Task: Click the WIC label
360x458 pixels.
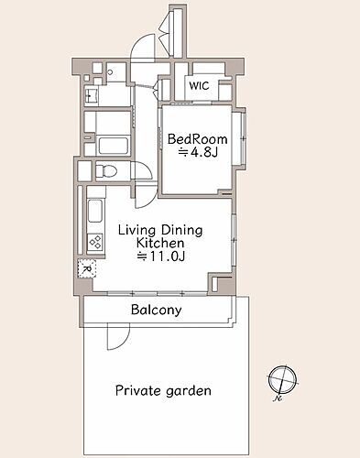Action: point(199,85)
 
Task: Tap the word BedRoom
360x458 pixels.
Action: point(198,139)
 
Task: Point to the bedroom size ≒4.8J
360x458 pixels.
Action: point(198,152)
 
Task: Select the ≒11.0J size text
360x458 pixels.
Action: point(160,256)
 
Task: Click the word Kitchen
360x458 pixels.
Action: point(160,243)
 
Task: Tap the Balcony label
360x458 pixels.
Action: point(157,310)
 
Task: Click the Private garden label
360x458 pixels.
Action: point(163,391)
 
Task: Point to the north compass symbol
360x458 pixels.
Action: point(282,380)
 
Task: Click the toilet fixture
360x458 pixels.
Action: point(106,170)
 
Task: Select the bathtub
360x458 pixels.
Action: point(113,146)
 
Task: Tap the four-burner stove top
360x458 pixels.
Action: point(95,243)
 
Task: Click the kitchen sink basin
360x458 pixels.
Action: point(95,212)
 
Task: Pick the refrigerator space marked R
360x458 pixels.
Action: point(87,268)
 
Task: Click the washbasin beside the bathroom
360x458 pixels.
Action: point(91,94)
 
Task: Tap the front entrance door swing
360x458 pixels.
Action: point(143,49)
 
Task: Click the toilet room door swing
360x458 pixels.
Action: point(142,170)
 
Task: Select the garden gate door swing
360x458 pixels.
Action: point(118,337)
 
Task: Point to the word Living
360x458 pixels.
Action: point(136,230)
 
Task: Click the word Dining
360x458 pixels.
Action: point(181,230)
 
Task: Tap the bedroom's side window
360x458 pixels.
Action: point(243,138)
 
